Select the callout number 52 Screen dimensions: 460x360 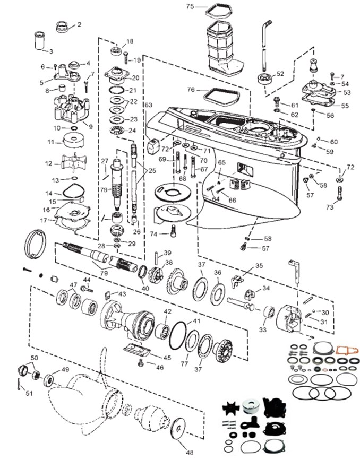pos(280,74)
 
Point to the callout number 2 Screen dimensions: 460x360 pos(79,24)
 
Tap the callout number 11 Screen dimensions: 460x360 pos(50,142)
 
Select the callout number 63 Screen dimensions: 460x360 pos(148,105)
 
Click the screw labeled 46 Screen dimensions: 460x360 pos(141,362)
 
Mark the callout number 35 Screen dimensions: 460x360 pos(259,265)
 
